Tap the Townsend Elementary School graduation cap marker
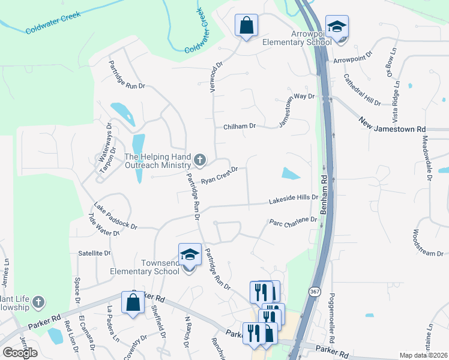tap(190, 256)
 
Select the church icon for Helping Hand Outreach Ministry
tap(200, 160)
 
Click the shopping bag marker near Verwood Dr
tap(246, 26)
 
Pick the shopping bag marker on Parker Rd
tap(133, 303)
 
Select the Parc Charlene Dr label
tap(293, 221)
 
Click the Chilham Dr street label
tap(240, 127)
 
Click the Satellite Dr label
tap(94, 253)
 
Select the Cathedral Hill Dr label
tap(362, 90)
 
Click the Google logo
tap(20, 352)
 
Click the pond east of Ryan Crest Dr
tap(291, 174)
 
